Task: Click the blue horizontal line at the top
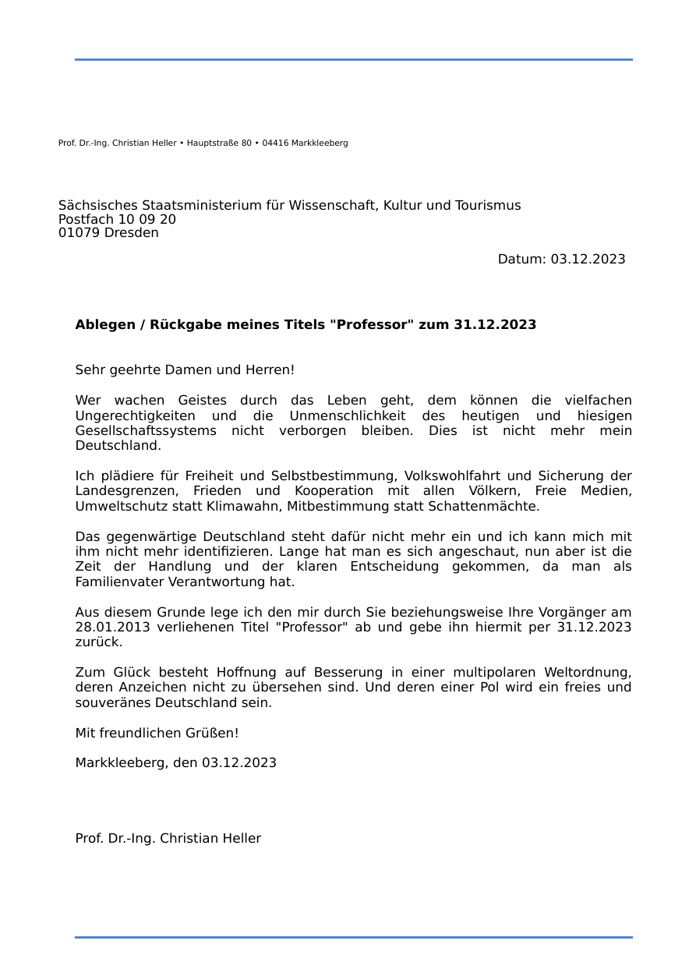[x=353, y=59]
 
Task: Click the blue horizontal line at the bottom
[x=353, y=937]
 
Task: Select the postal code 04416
[x=274, y=143]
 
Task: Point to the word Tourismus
[x=486, y=206]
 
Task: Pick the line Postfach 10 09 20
[x=117, y=220]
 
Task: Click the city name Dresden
[x=131, y=233]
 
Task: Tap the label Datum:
[x=521, y=260]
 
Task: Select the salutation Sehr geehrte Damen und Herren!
[x=185, y=370]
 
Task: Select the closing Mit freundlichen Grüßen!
[x=157, y=734]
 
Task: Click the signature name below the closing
[x=168, y=839]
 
